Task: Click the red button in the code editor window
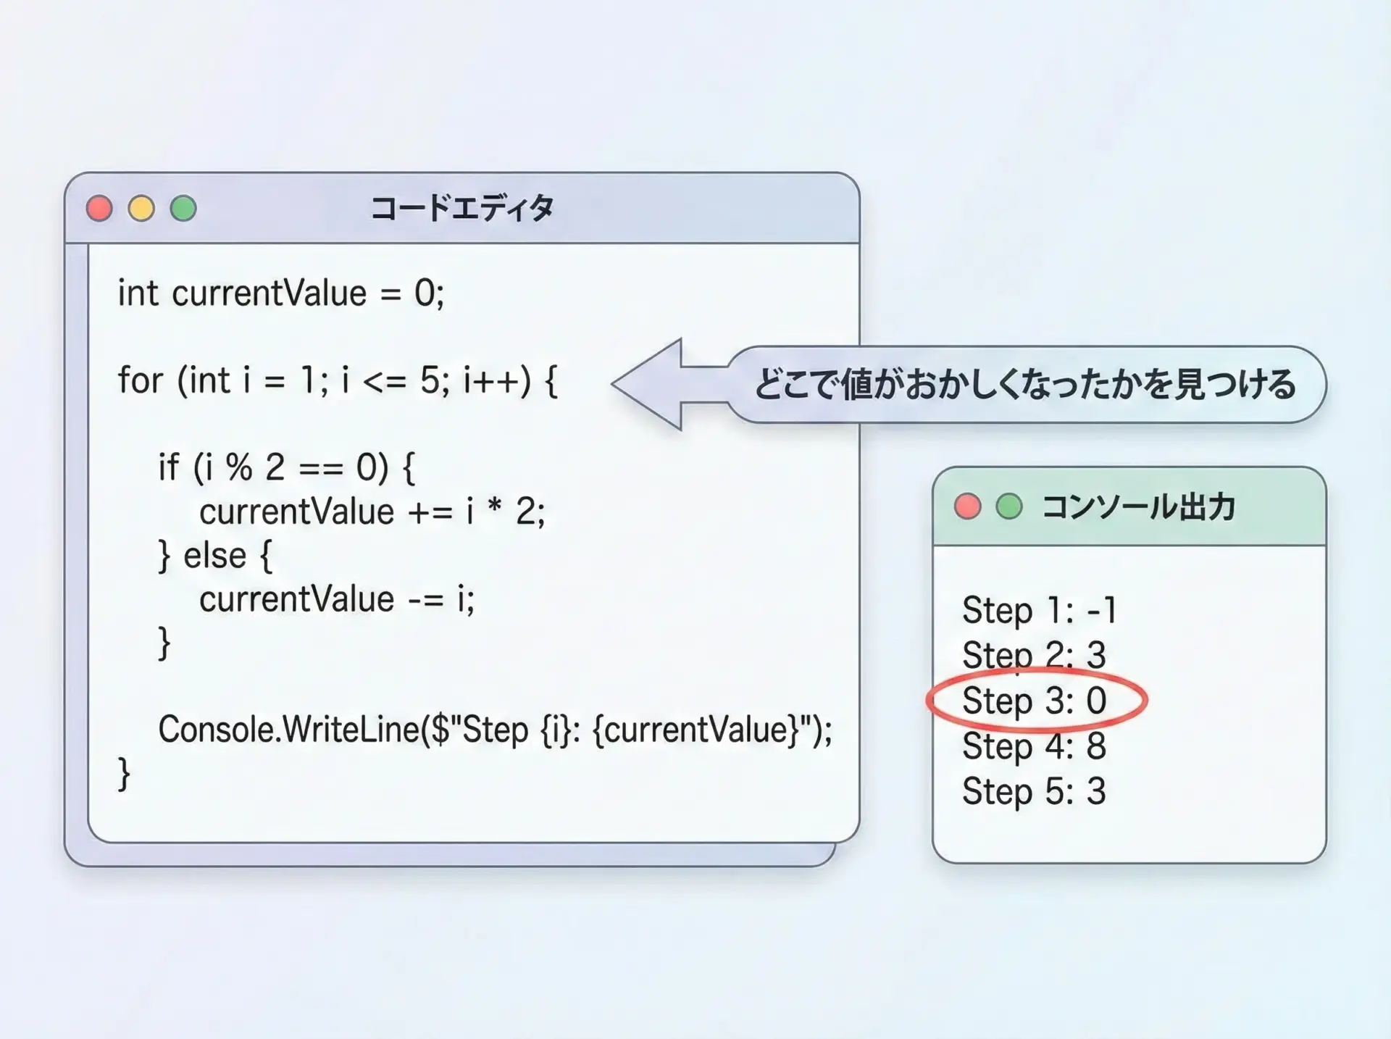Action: coord(99,209)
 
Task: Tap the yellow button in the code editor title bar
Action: coord(141,209)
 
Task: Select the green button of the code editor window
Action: coord(183,209)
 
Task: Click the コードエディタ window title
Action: coord(462,209)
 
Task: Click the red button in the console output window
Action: coord(967,506)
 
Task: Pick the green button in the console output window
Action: coord(1009,506)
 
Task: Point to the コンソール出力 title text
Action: coord(1138,506)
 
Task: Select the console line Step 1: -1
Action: coord(1040,611)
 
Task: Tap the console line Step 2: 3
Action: coord(1035,656)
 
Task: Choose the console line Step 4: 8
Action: coord(1035,746)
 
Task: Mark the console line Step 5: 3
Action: coord(1035,791)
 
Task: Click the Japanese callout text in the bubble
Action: coord(1025,384)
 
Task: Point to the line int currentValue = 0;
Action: coord(281,293)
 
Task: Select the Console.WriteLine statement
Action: coord(496,730)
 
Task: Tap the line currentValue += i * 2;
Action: coord(372,512)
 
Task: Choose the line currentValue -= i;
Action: coord(337,599)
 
